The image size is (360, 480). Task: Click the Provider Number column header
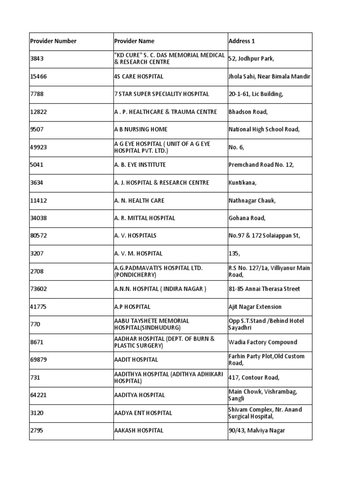[53, 41]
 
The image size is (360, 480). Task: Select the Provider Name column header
[134, 41]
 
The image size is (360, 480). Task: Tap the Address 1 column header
[242, 41]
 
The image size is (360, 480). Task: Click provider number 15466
[38, 76]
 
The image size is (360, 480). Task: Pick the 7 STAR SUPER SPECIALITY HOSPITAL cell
[162, 94]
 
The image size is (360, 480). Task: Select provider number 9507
[37, 129]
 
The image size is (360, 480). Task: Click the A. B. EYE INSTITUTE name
[140, 165]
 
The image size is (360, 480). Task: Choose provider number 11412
[38, 201]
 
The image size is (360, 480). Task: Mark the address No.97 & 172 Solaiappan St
[264, 236]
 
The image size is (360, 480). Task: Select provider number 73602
[38, 289]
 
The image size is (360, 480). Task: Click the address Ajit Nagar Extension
[255, 307]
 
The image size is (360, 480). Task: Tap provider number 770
[35, 324]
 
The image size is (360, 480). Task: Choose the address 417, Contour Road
[254, 377]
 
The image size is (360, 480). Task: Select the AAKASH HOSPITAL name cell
[139, 430]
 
